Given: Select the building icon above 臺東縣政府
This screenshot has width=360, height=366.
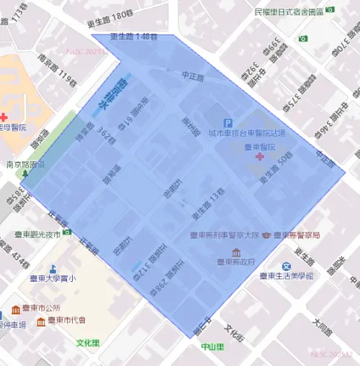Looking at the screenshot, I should pos(236,252).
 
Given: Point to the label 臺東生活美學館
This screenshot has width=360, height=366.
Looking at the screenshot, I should pos(287,276).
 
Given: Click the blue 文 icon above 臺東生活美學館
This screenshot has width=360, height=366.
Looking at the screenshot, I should pos(286,266).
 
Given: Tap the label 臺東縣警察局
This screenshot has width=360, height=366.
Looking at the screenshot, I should pos(296,235).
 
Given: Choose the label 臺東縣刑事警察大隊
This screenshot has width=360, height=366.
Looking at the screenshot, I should pos(224,235).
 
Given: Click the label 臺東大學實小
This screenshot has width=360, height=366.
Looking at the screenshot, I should pos(53,278).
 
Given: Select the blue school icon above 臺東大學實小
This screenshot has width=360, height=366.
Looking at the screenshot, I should pos(53,267).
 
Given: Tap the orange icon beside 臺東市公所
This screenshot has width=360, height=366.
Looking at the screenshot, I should pos(16,310).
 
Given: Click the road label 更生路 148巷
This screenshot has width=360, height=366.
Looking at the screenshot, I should pos(134,37).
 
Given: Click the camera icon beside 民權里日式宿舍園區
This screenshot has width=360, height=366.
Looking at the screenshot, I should pos(330,12).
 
